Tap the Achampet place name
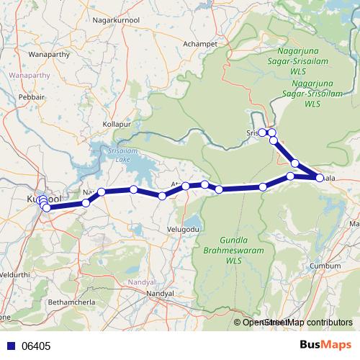(x=200, y=44)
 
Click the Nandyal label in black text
(x=160, y=294)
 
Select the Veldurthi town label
(x=16, y=275)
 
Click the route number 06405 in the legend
(x=35, y=346)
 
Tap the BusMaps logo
(x=324, y=346)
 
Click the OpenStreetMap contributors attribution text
(x=294, y=323)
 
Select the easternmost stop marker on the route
(x=320, y=177)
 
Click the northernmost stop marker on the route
(x=264, y=132)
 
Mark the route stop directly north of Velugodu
(x=186, y=186)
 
